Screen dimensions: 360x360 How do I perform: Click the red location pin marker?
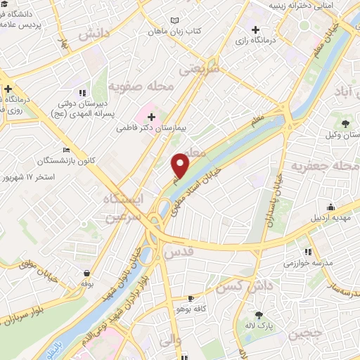pyautogui.click(x=181, y=165)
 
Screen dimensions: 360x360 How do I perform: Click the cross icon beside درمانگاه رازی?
pyautogui.click(x=256, y=30)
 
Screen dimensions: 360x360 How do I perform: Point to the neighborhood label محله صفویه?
pyautogui.click(x=141, y=86)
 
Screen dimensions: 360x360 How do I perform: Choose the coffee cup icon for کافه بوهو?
pyautogui.click(x=191, y=298)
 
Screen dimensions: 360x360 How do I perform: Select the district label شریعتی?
pyautogui.click(x=200, y=68)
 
